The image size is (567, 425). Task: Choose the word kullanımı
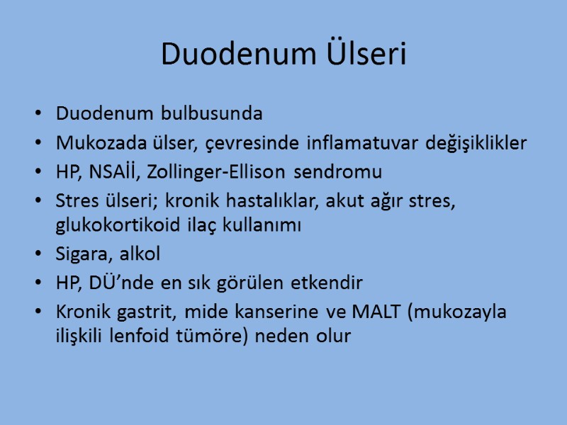point(263,226)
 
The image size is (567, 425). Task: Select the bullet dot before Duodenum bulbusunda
point(37,114)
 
